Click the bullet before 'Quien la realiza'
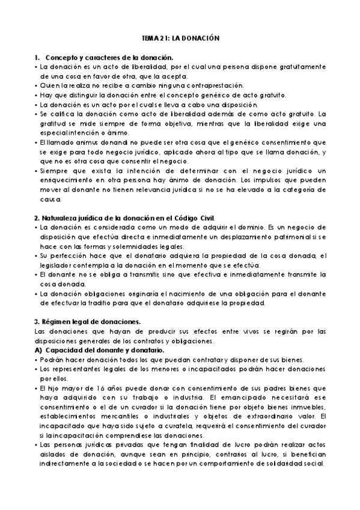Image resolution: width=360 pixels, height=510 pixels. pos(36,85)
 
